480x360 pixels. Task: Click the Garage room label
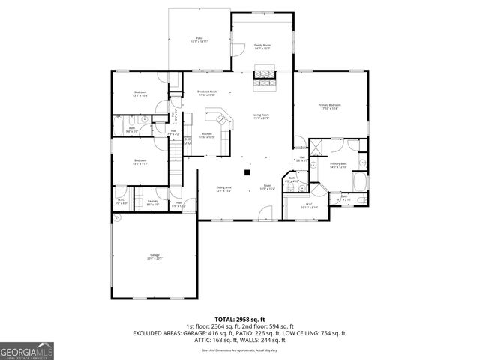tap(154, 256)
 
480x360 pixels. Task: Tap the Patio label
tap(199, 40)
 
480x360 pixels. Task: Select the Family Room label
tap(262, 47)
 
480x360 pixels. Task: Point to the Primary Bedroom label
tap(329, 106)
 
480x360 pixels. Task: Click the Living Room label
tap(261, 116)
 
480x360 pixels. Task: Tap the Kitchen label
tap(206, 136)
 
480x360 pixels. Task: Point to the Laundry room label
tap(152, 202)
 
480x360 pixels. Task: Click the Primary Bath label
tap(338, 165)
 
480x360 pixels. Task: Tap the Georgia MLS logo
tap(25, 349)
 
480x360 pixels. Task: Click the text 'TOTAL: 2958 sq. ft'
tap(239, 317)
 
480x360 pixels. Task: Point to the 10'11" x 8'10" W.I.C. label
tap(310, 205)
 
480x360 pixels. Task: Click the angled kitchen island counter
tap(220, 118)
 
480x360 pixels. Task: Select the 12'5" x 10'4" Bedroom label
tap(140, 94)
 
